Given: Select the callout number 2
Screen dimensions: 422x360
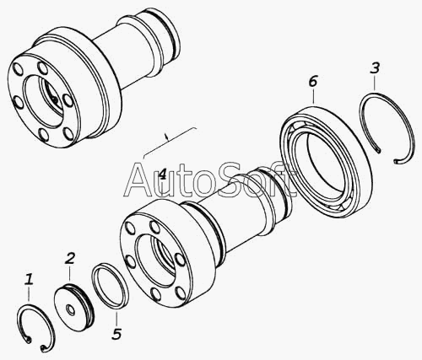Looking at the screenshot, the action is (x=70, y=259).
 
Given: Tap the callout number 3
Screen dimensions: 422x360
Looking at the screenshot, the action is (x=375, y=68).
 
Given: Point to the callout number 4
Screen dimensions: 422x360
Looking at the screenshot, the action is (x=163, y=175).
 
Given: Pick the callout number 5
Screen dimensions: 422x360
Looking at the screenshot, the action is (x=116, y=334).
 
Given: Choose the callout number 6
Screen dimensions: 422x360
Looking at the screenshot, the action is (x=312, y=82).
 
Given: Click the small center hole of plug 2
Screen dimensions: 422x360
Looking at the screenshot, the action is (x=69, y=309).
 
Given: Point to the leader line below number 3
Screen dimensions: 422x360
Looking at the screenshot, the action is (x=375, y=83).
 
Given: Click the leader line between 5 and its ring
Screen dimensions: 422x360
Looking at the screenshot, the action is (x=116, y=318).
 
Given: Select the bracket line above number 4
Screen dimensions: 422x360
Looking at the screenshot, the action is (x=168, y=142).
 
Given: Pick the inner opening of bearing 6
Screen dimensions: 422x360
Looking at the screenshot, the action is (x=325, y=162).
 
